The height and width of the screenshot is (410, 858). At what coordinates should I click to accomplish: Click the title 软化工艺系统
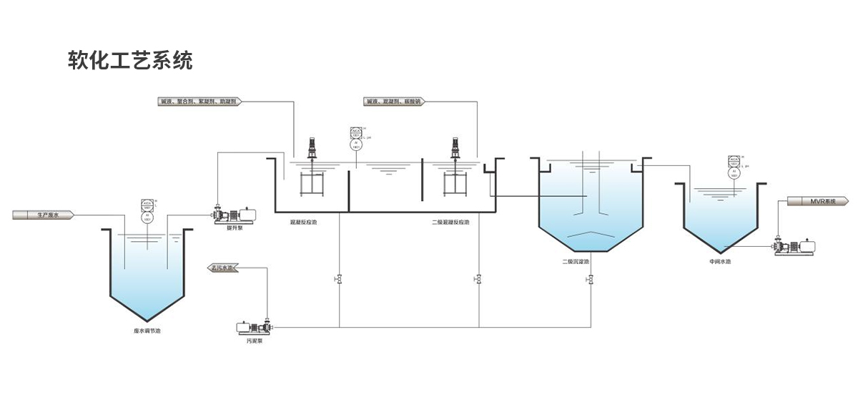point(129,60)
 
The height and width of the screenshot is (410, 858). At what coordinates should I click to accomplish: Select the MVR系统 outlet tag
point(819,200)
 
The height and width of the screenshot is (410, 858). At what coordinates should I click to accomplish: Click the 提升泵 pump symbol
point(235,213)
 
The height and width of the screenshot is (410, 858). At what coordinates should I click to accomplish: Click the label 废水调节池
point(147,331)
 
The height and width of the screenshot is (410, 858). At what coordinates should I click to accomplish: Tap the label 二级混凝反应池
point(451,223)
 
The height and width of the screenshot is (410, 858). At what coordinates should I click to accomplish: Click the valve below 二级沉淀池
point(591,280)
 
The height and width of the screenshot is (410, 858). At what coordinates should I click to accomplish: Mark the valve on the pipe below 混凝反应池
point(339,278)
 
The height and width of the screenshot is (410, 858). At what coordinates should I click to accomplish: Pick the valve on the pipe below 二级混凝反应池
point(478,278)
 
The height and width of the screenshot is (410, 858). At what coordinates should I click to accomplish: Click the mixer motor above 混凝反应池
point(312,147)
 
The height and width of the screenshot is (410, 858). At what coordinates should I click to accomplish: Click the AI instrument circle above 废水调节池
point(147,215)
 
